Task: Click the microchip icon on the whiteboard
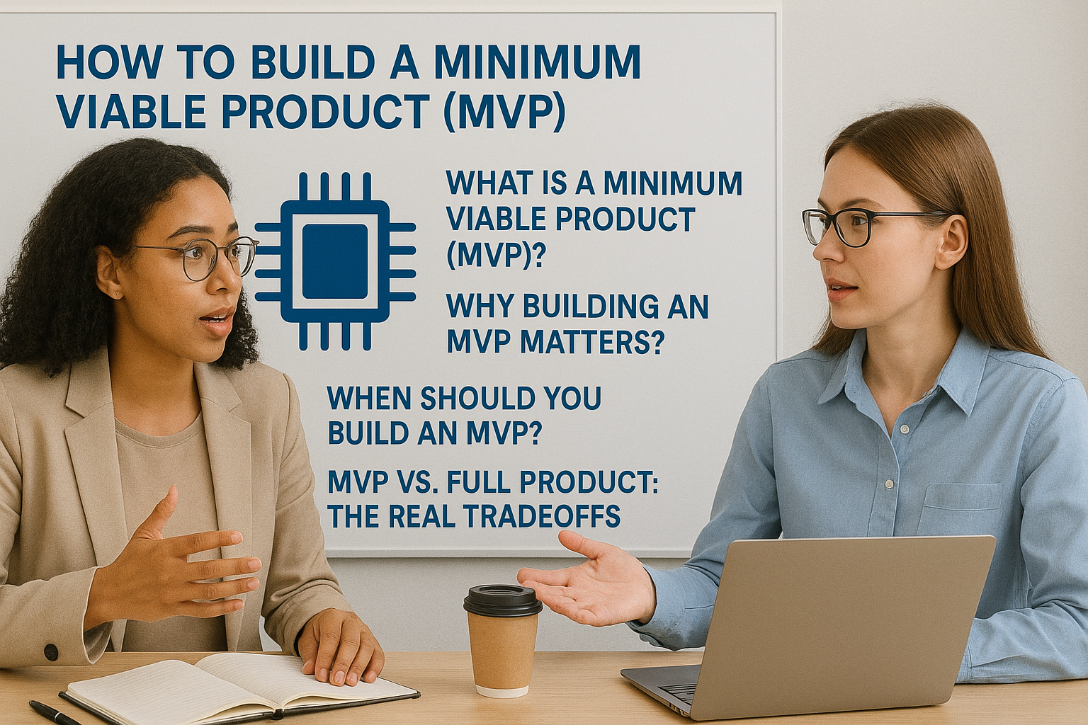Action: pyautogui.click(x=335, y=261)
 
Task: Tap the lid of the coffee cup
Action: pyautogui.click(x=502, y=600)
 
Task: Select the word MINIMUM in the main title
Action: pyautogui.click(x=537, y=62)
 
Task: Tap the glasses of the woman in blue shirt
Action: pyautogui.click(x=869, y=226)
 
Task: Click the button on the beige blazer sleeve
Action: pyautogui.click(x=50, y=651)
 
